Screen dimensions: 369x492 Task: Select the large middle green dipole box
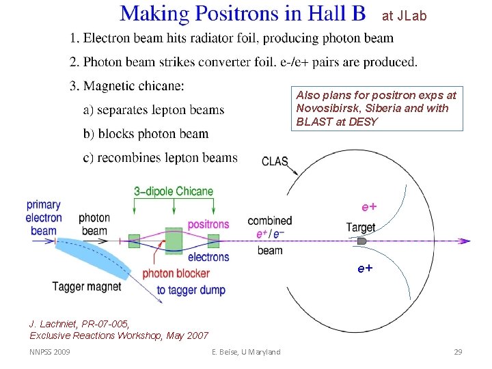[174, 241]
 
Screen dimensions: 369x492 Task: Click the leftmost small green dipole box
[134, 241]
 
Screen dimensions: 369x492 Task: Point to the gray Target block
[362, 241]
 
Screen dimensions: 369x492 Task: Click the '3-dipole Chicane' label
[174, 191]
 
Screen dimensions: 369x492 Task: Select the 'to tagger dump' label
[191, 290]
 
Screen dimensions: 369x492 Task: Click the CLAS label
[275, 162]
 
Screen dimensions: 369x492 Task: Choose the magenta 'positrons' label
[208, 223]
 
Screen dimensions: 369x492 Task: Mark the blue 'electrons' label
[208, 257]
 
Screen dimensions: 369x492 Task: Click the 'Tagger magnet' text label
[87, 286]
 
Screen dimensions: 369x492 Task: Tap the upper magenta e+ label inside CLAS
[369, 206]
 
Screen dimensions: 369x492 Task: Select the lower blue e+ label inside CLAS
[365, 269]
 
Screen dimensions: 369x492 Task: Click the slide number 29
[458, 352]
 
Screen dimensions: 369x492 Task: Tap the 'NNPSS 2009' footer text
[49, 352]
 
